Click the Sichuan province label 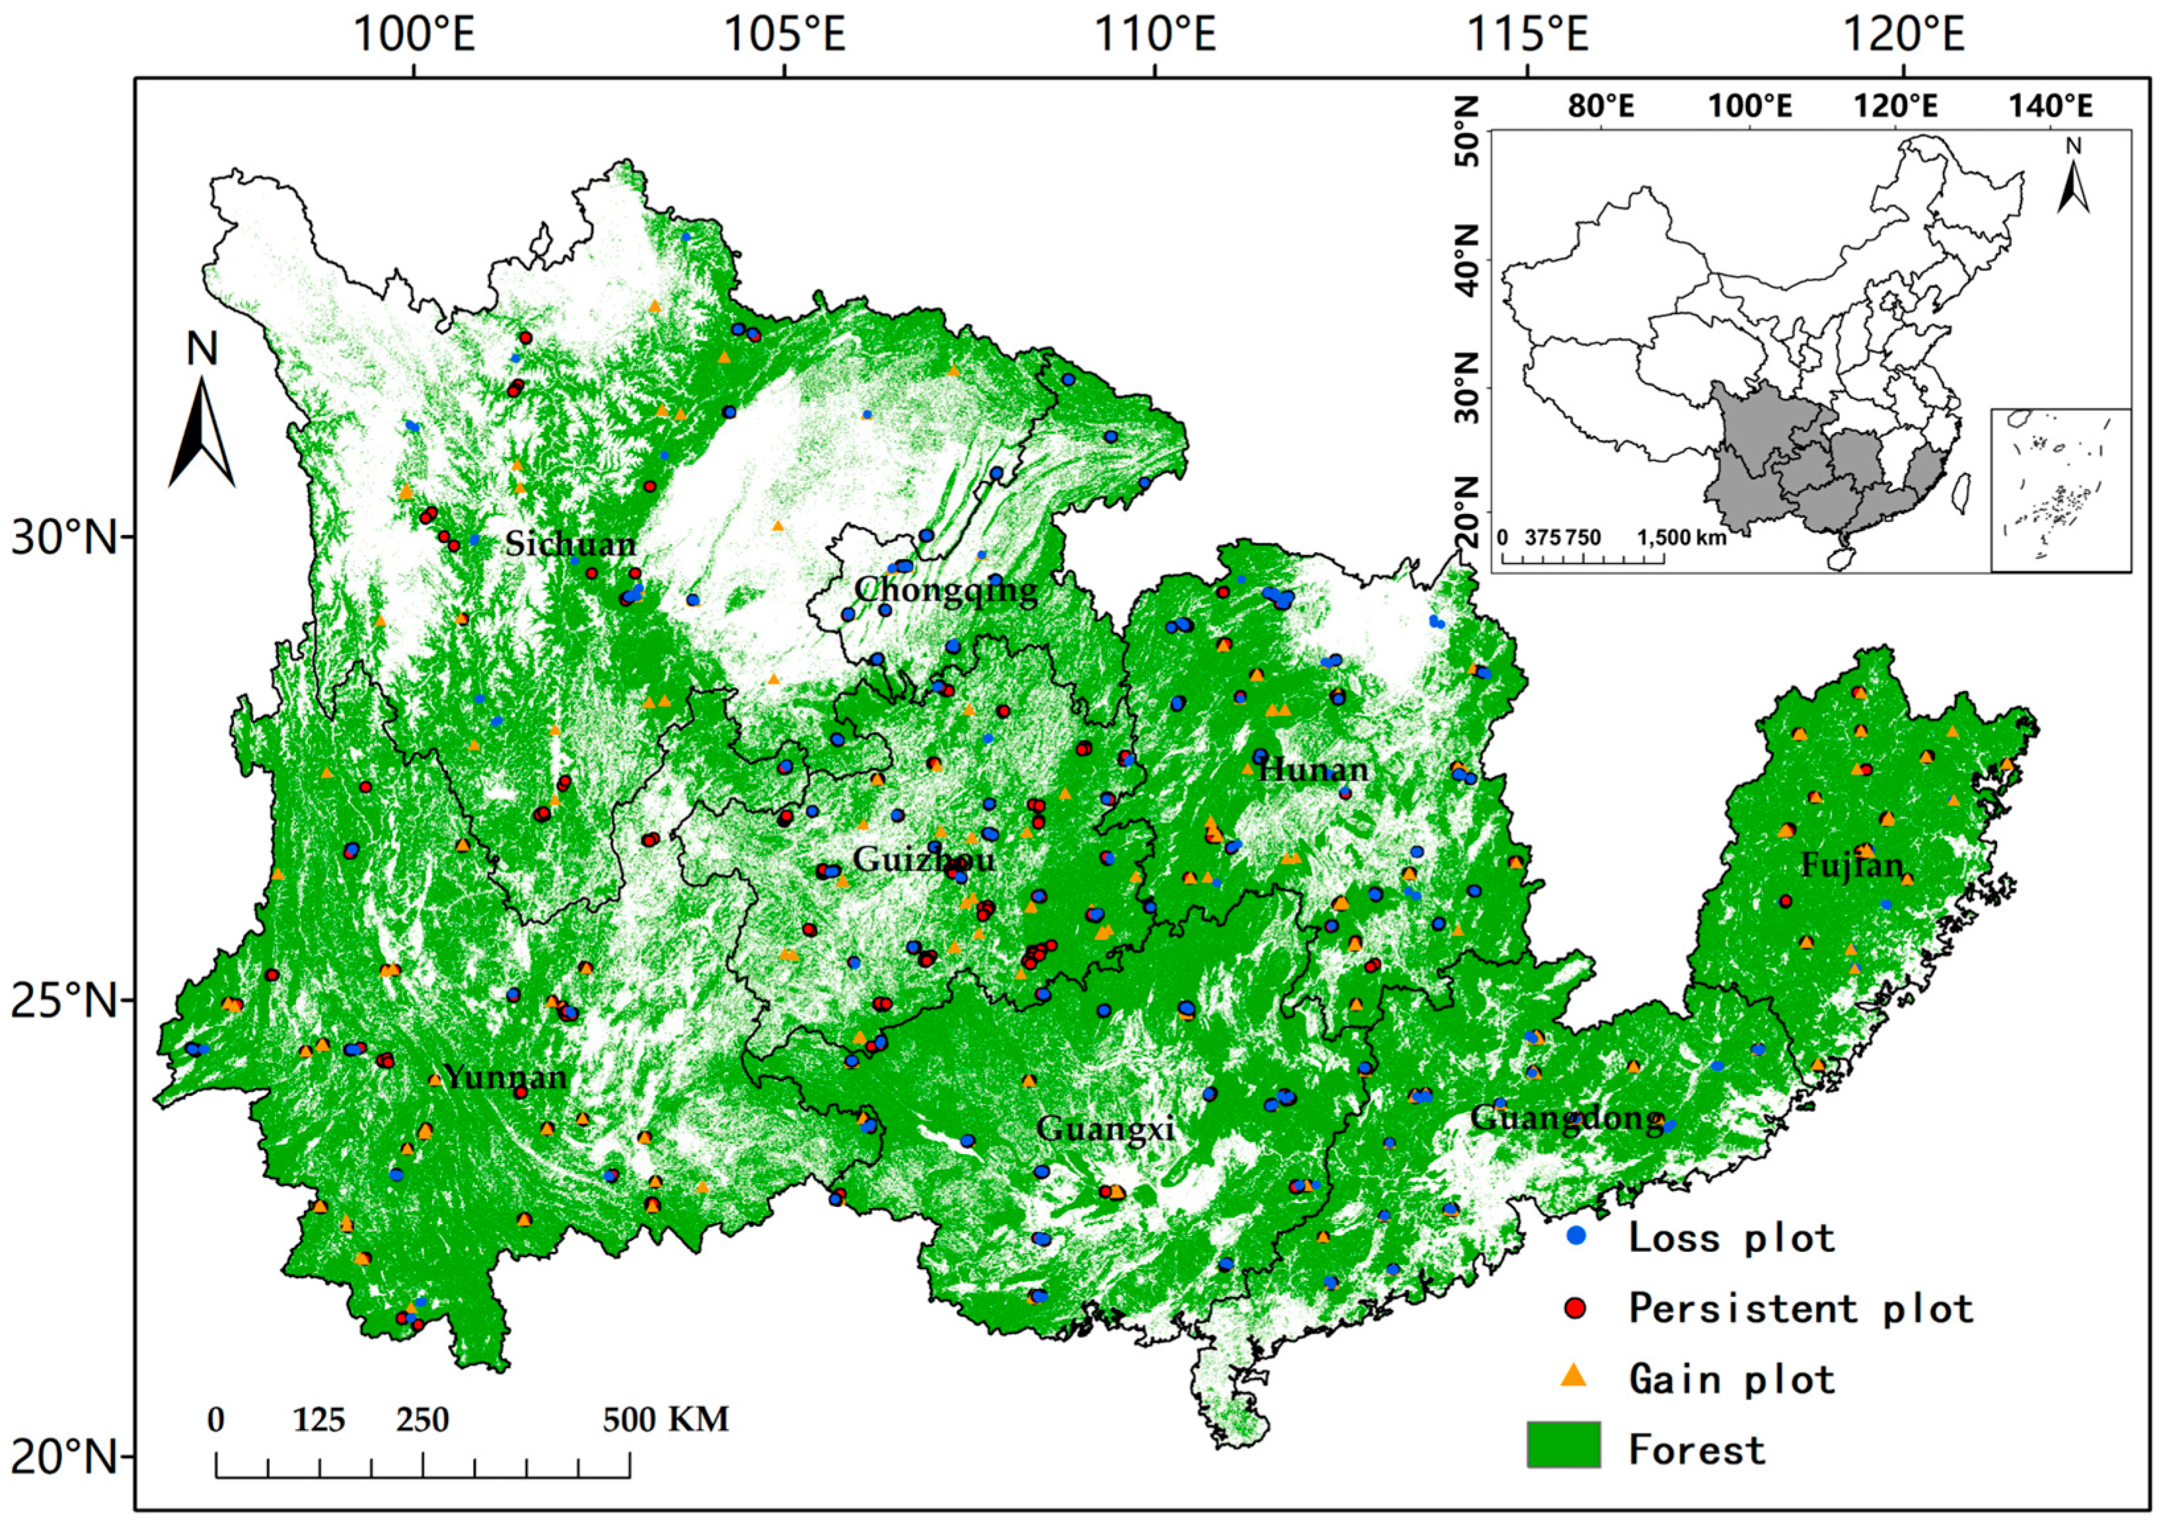(571, 544)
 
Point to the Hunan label (1313, 770)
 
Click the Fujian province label (1852, 865)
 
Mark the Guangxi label (1105, 1128)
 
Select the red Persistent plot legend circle (1574, 1307)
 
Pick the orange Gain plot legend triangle (1574, 1377)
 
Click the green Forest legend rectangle (1563, 1448)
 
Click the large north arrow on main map (202, 414)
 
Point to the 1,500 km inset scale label (1681, 538)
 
